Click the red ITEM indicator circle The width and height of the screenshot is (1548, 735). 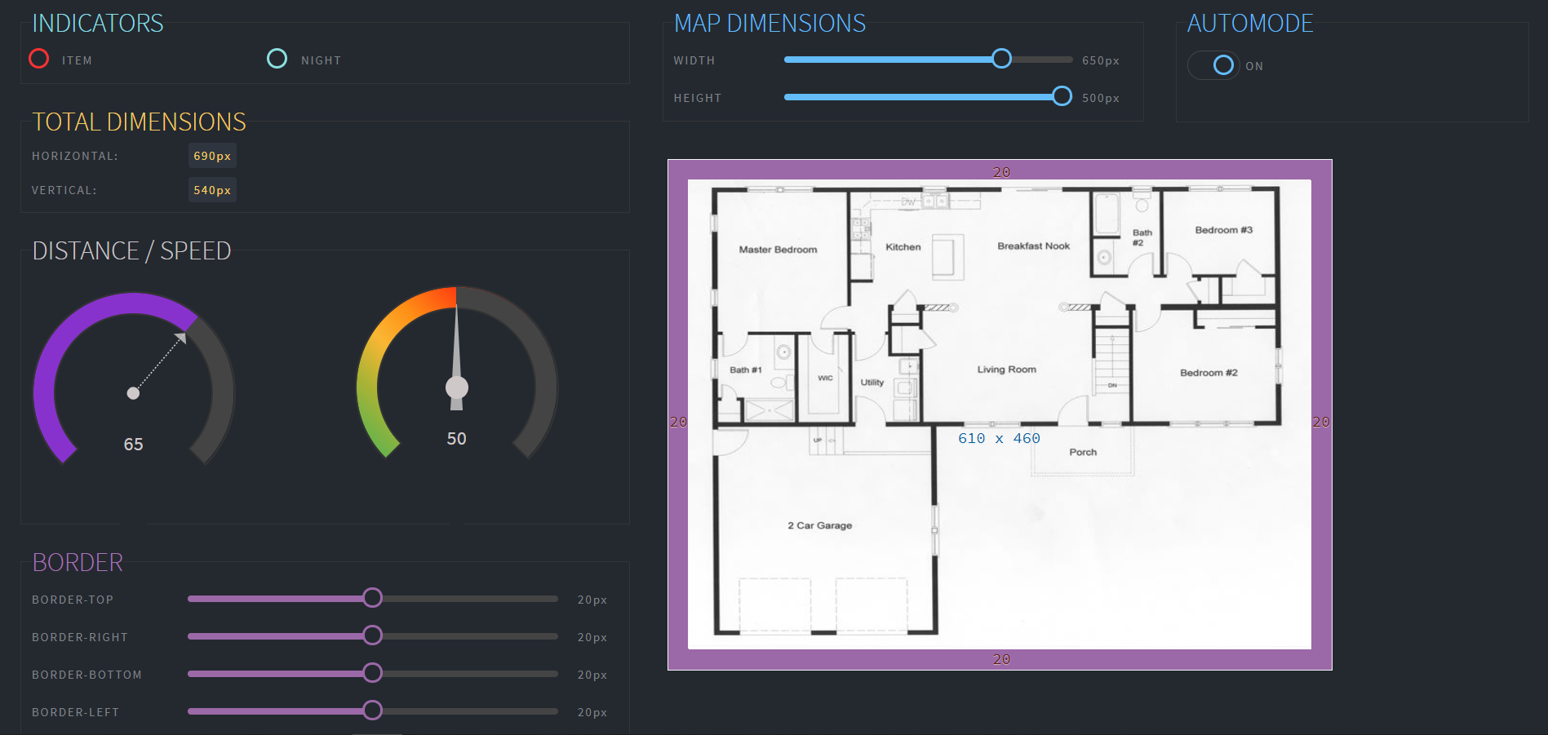tap(38, 59)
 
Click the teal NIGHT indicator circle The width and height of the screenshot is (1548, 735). tap(277, 59)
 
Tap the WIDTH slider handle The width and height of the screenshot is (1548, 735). tap(1001, 59)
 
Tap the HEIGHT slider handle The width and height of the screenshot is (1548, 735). tap(1062, 96)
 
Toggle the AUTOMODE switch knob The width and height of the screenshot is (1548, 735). tap(1222, 65)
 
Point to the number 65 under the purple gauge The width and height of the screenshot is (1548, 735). tap(133, 445)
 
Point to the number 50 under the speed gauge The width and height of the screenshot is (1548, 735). tap(456, 439)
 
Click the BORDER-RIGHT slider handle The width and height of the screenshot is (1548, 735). tap(372, 635)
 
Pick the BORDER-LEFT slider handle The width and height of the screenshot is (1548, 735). tap(372, 711)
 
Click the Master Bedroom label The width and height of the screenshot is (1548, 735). tap(778, 250)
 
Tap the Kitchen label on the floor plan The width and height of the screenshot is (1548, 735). tap(903, 247)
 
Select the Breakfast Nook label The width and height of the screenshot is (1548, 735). tap(1033, 246)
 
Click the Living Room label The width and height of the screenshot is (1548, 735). tap(1006, 370)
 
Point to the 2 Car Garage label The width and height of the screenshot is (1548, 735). tap(819, 525)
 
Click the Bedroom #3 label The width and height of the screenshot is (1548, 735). tap(1223, 230)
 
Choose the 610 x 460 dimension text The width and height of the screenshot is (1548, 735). tap(999, 439)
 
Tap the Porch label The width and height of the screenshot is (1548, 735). tap(1083, 452)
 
